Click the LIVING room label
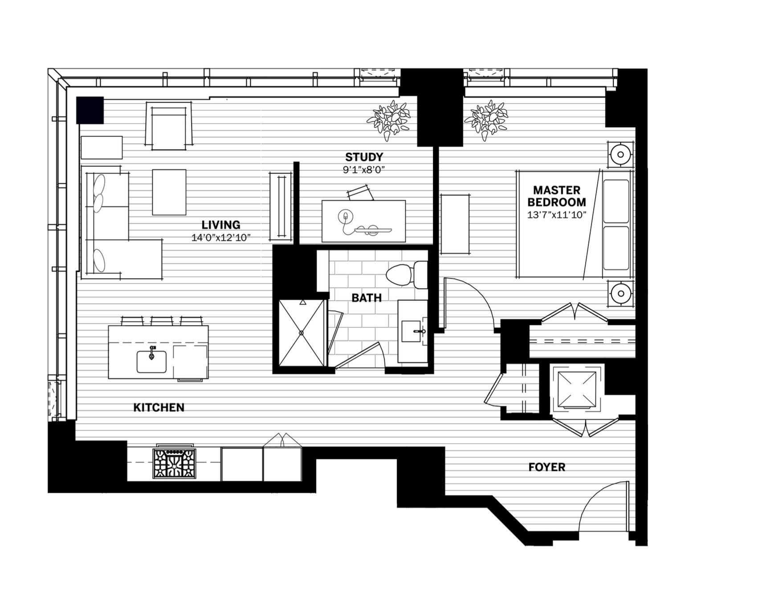220,225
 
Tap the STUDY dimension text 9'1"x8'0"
364,170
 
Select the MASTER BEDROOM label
557,196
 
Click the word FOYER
546,467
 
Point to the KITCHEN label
159,407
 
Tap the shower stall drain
302,333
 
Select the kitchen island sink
151,361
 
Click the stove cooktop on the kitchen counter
174,463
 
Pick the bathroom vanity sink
412,332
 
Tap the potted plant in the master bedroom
486,119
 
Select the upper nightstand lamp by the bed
619,155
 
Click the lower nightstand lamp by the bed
619,293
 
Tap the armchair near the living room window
169,126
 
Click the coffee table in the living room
169,192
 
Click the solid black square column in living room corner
90,110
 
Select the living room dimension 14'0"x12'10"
220,238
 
